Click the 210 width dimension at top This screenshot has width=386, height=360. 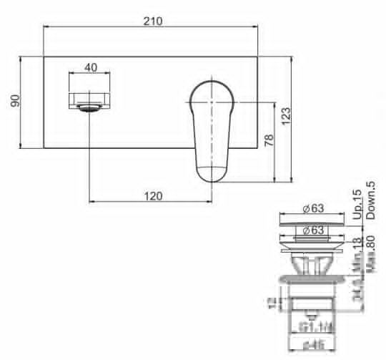coord(152,20)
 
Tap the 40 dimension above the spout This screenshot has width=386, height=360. coord(91,67)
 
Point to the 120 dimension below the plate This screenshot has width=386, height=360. coord(152,195)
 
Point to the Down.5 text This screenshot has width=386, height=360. coord(370,200)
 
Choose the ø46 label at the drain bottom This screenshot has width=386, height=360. coord(313,349)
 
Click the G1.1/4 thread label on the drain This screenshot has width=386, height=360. coord(313,327)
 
